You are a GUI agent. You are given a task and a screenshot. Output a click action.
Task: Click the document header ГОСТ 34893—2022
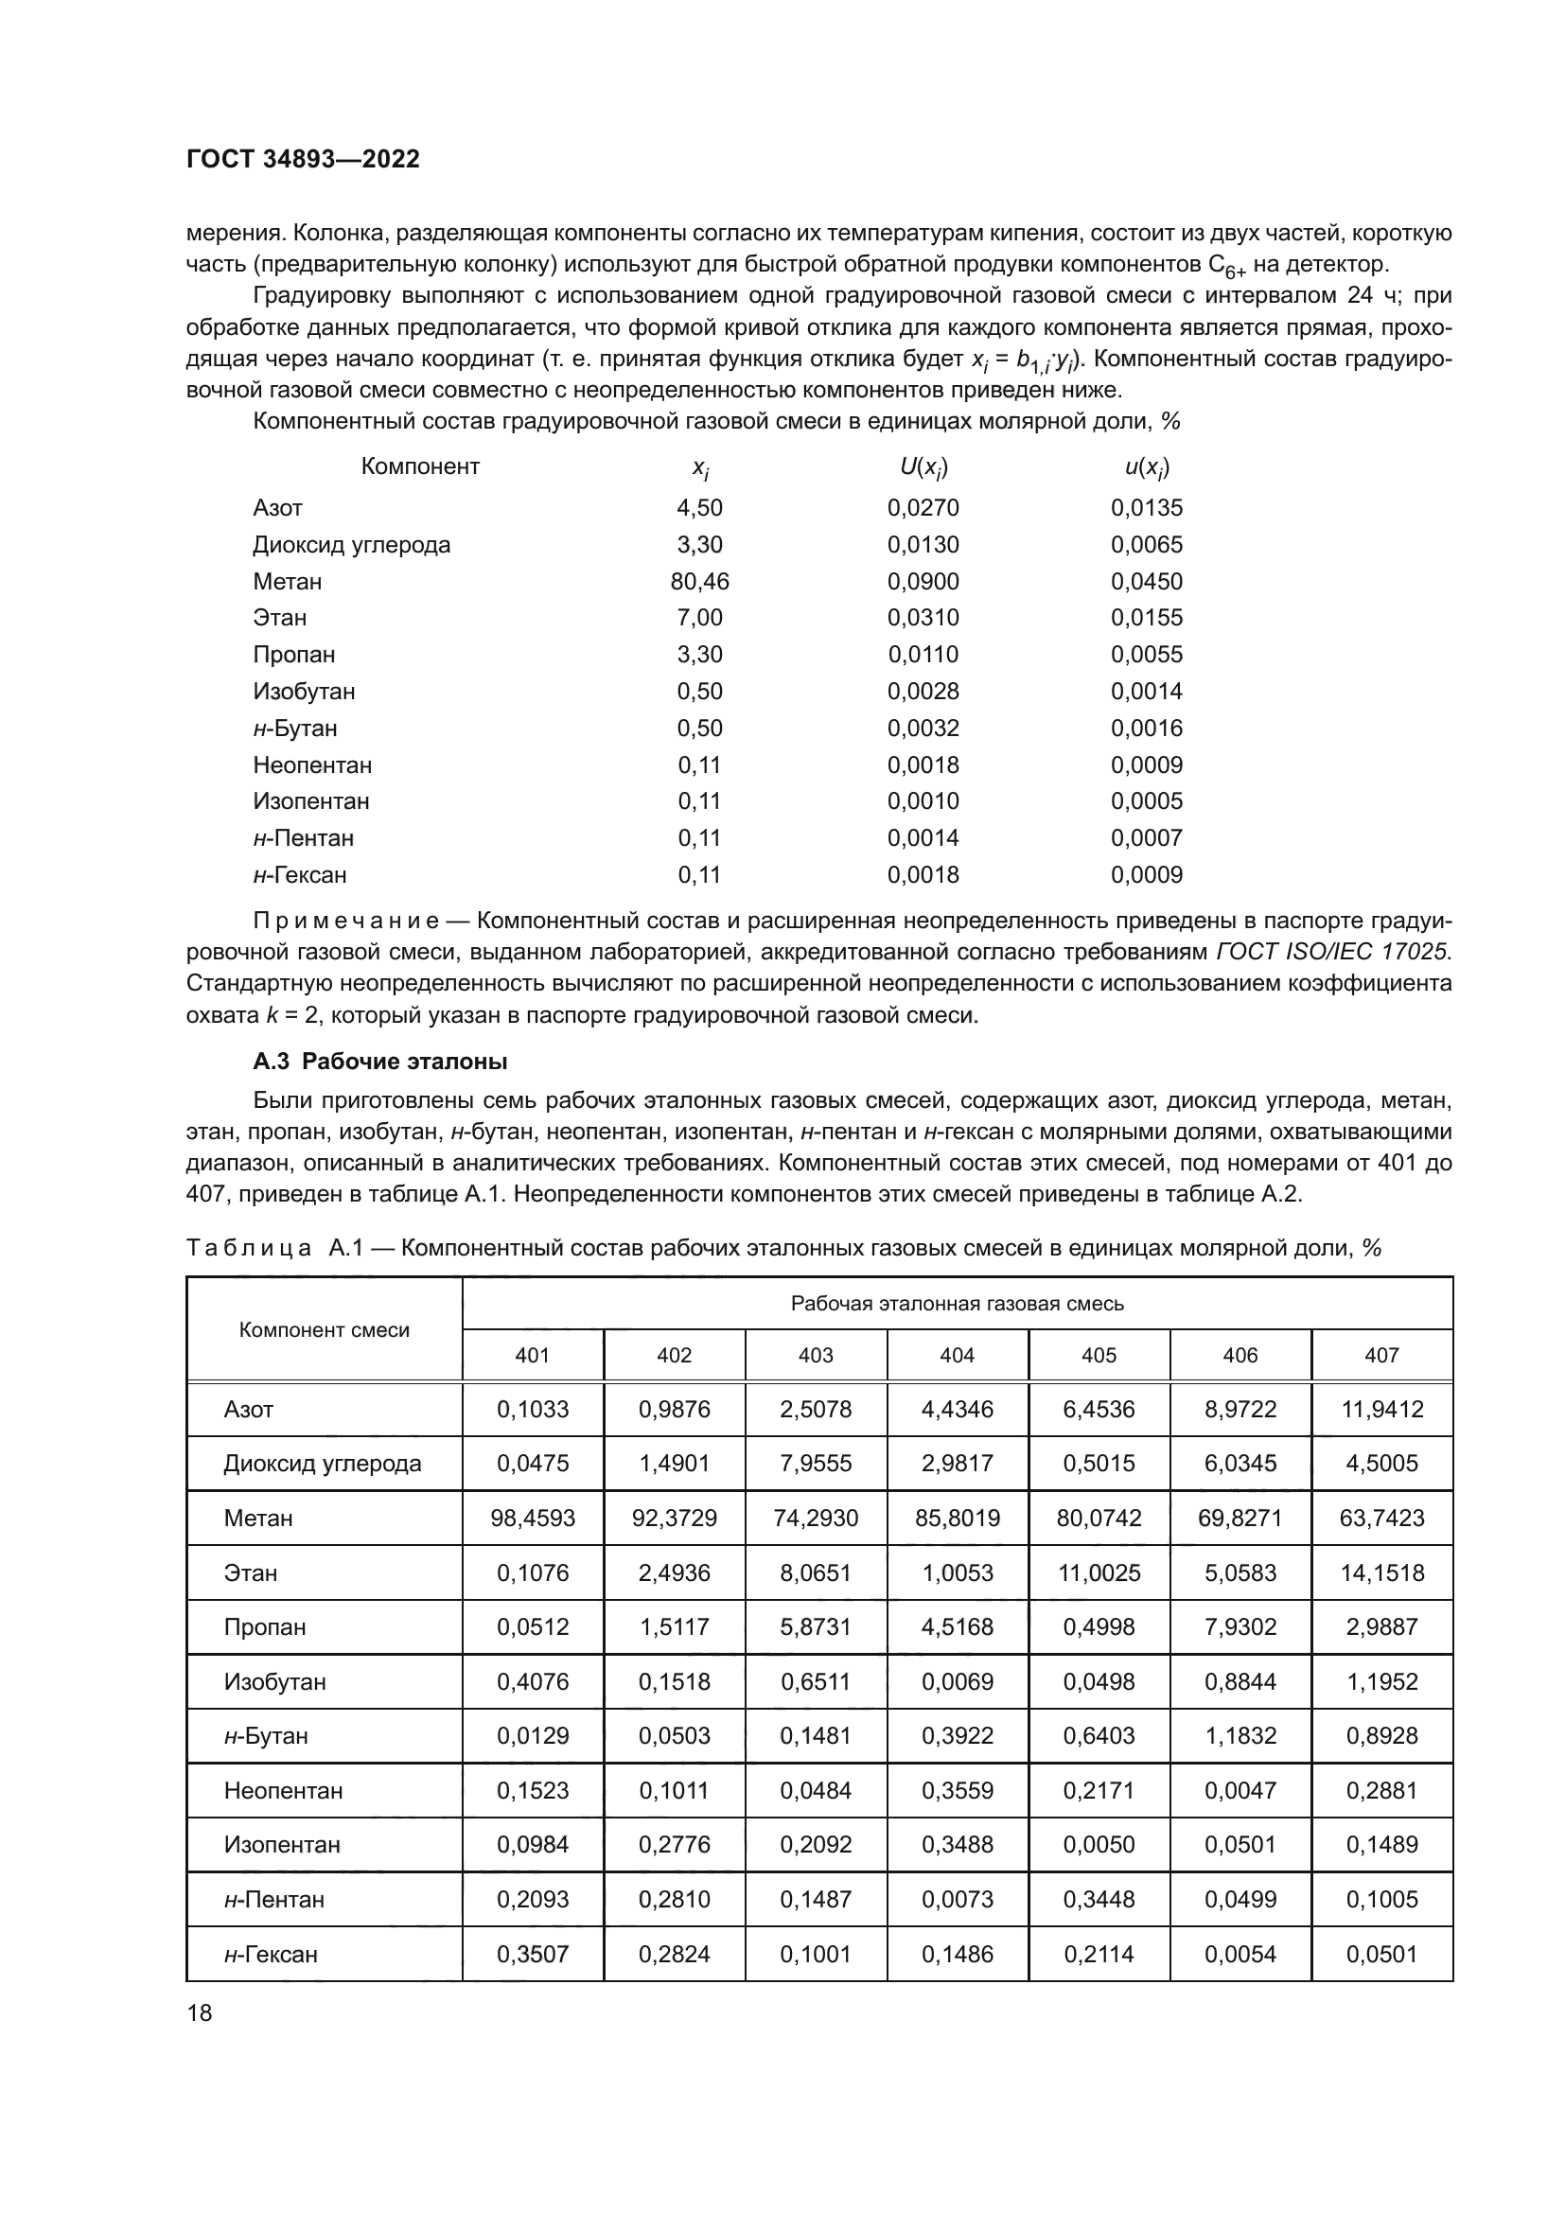pos(303,160)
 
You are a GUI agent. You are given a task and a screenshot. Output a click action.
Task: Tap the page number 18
pos(200,2012)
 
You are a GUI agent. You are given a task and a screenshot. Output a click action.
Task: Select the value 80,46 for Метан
pos(699,581)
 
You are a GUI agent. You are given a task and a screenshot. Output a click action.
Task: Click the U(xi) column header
pos(923,467)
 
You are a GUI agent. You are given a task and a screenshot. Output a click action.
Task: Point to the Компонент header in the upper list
pos(420,466)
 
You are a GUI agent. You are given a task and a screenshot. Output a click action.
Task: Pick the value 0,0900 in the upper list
pos(923,581)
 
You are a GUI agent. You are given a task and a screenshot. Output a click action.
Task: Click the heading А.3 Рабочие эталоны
pos(379,1062)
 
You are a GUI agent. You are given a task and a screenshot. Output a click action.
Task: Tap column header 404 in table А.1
pos(957,1355)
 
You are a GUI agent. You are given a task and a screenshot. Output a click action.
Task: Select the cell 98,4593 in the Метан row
pos(533,1518)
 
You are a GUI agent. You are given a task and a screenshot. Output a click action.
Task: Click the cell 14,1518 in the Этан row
pos(1381,1573)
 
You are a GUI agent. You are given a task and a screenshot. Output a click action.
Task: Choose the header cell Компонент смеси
pos(324,1330)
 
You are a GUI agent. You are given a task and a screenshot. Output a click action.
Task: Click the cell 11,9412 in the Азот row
pos(1381,1409)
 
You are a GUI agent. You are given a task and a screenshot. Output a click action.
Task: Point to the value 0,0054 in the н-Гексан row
pos(1240,1954)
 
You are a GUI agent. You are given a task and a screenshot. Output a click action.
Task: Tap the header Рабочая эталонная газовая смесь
pos(957,1303)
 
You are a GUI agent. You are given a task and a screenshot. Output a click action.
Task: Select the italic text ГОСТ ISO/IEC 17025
pos(1332,951)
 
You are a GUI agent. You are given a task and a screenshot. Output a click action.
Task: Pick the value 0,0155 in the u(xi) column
pos(1146,618)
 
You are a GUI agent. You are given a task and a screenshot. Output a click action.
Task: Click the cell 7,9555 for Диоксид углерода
pos(816,1463)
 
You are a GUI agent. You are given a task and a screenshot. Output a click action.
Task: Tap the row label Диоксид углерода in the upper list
pos(351,545)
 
